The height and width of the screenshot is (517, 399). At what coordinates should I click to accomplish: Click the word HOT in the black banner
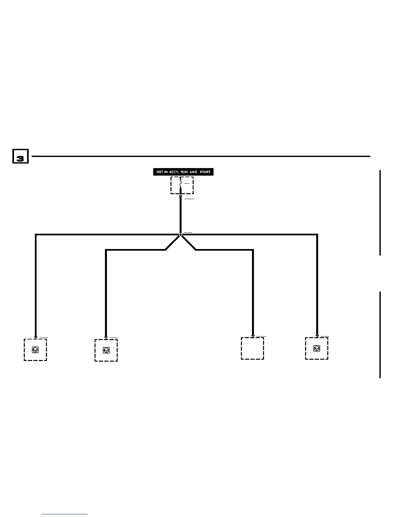click(x=160, y=172)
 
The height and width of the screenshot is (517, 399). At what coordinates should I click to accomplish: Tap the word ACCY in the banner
click(x=174, y=172)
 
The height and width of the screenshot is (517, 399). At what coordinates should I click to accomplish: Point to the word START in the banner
click(x=205, y=172)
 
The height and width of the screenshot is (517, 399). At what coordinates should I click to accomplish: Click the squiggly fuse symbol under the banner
click(x=181, y=185)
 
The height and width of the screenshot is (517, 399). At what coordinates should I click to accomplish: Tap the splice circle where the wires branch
click(x=181, y=235)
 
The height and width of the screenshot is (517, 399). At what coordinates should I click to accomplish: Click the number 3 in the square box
click(x=20, y=159)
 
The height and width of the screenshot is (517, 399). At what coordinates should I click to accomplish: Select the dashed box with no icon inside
click(x=252, y=348)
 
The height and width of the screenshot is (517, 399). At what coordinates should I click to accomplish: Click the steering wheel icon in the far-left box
click(x=35, y=350)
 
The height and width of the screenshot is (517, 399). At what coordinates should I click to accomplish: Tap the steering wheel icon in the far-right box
click(x=317, y=348)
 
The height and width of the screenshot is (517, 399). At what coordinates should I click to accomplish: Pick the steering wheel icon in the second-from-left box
click(x=106, y=350)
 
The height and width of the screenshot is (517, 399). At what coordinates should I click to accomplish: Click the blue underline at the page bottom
click(x=65, y=514)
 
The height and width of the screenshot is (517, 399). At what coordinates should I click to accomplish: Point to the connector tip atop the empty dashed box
click(x=253, y=336)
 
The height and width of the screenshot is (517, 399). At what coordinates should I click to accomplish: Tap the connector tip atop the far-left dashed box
click(x=36, y=337)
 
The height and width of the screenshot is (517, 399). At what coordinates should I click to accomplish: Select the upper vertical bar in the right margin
click(x=380, y=212)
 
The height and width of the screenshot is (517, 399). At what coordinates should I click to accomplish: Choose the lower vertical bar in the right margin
click(x=380, y=335)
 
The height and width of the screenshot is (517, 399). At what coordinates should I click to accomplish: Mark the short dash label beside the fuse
click(x=187, y=183)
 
